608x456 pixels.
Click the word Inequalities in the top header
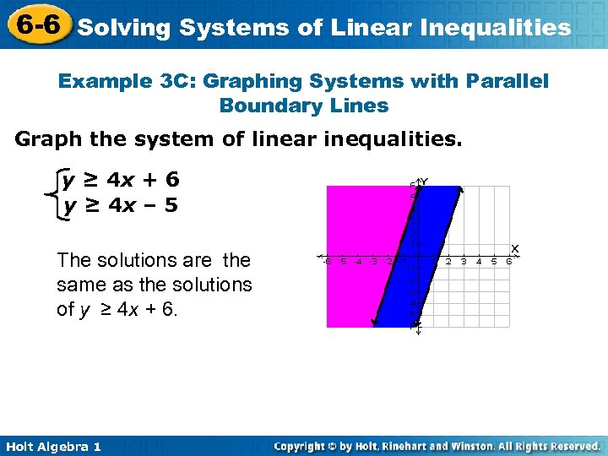click(x=499, y=28)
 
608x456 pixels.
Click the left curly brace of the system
click(x=53, y=193)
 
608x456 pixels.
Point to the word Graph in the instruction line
click(x=50, y=138)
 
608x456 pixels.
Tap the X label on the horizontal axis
click(x=514, y=248)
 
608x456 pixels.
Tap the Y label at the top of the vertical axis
click(x=424, y=182)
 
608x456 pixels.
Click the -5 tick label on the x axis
click(x=341, y=262)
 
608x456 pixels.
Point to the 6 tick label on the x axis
click(x=508, y=262)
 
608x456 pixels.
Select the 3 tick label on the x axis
click(x=464, y=262)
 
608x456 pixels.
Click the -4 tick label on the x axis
click(x=357, y=262)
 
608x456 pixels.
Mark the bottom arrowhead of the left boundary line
click(x=373, y=323)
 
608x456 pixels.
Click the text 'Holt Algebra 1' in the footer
click(x=52, y=446)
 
